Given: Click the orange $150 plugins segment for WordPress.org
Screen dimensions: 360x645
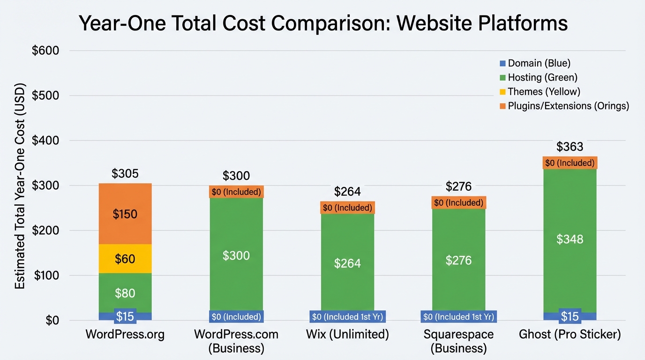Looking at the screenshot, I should tap(125, 214).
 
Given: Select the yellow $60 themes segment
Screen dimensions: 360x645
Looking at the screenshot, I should tap(125, 258).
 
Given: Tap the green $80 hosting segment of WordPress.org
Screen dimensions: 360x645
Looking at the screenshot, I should tap(125, 293).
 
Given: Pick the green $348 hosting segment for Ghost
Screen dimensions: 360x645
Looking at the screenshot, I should tap(570, 239).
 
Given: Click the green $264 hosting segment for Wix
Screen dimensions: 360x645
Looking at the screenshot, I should tap(347, 263).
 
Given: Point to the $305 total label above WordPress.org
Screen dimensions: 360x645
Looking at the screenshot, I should tap(125, 174).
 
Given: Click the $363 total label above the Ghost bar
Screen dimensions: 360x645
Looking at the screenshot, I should tap(570, 147).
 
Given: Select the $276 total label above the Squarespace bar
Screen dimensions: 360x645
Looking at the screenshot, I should tap(458, 187).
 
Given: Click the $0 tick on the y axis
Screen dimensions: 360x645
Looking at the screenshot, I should tap(52, 321).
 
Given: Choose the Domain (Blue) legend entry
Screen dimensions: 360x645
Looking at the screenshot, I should tap(535, 63).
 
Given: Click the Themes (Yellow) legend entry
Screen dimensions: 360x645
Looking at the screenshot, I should tap(540, 91).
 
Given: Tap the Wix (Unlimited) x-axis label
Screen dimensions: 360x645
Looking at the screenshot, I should tap(347, 335).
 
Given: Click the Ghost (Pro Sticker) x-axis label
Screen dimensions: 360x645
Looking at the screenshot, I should tap(570, 335).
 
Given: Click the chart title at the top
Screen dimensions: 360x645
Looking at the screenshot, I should tap(323, 23).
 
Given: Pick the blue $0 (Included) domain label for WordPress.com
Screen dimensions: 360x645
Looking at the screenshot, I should tap(236, 317).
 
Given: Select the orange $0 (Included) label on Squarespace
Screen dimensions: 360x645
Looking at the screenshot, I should tap(458, 203).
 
